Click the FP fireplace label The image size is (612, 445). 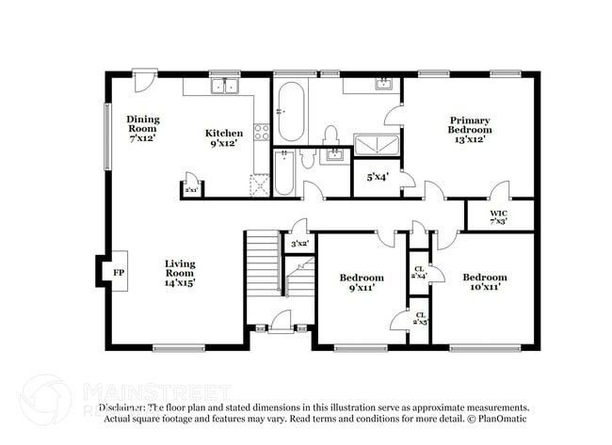pyautogui.click(x=118, y=272)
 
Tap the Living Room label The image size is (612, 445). pyautogui.click(x=180, y=272)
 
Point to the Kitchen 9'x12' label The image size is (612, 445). pyautogui.click(x=224, y=138)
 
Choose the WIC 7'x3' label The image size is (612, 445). pyautogui.click(x=499, y=216)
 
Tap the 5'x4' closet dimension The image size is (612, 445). pyautogui.click(x=377, y=177)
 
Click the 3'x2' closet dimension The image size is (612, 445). pyautogui.click(x=299, y=244)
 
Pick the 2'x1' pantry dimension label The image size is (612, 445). pyautogui.click(x=191, y=190)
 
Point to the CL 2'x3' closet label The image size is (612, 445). pyautogui.click(x=419, y=318)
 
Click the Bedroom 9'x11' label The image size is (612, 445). pyautogui.click(x=362, y=282)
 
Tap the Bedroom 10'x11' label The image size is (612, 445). pyautogui.click(x=484, y=282)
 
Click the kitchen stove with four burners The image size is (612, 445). pyautogui.click(x=262, y=132)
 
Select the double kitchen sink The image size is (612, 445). pyautogui.click(x=225, y=87)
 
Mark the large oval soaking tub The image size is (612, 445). pyautogui.click(x=291, y=111)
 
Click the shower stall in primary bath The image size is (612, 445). pyautogui.click(x=376, y=144)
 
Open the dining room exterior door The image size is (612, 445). pyautogui.click(x=143, y=81)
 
